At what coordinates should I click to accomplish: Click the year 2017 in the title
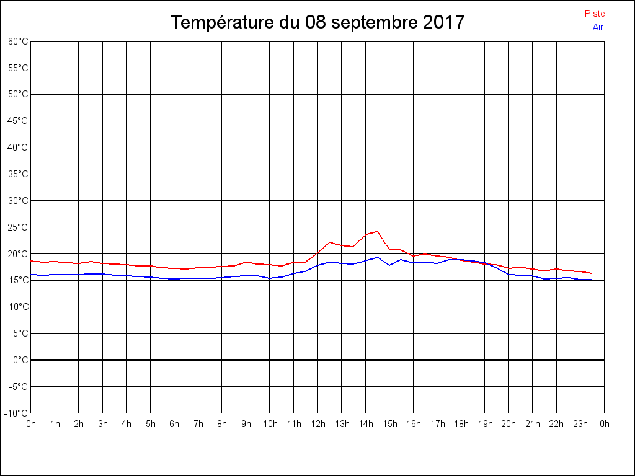[x=444, y=22]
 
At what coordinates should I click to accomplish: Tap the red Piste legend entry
[x=595, y=14]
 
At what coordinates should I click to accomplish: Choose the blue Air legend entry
[x=598, y=27]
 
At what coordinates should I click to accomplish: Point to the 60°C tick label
[x=18, y=42]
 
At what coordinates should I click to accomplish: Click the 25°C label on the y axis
[x=18, y=227]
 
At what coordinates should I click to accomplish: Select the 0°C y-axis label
[x=20, y=360]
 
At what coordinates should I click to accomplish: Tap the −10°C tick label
[x=17, y=413]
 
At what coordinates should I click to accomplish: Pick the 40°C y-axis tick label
[x=18, y=148]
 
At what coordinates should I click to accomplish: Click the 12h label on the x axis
[x=318, y=425]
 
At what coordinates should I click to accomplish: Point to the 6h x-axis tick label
[x=174, y=425]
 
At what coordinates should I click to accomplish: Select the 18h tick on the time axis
[x=461, y=425]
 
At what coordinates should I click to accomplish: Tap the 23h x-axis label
[x=580, y=425]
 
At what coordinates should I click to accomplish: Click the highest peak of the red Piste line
[x=377, y=231]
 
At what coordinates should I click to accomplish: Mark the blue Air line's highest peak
[x=377, y=257]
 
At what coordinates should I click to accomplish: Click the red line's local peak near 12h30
[x=330, y=242]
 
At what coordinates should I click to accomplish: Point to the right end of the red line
[x=592, y=273]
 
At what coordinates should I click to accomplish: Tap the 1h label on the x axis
[x=55, y=425]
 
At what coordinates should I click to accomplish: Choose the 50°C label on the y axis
[x=18, y=94]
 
